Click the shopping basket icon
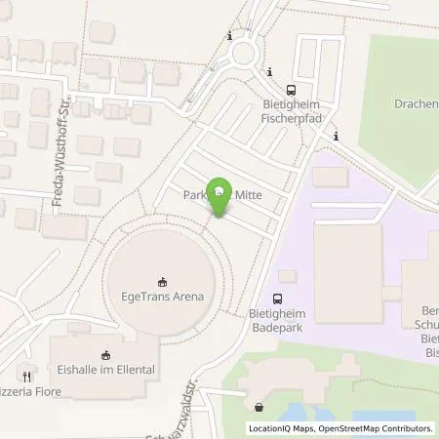pyautogui.click(x=259, y=408)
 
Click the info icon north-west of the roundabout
pyautogui.click(x=229, y=37)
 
